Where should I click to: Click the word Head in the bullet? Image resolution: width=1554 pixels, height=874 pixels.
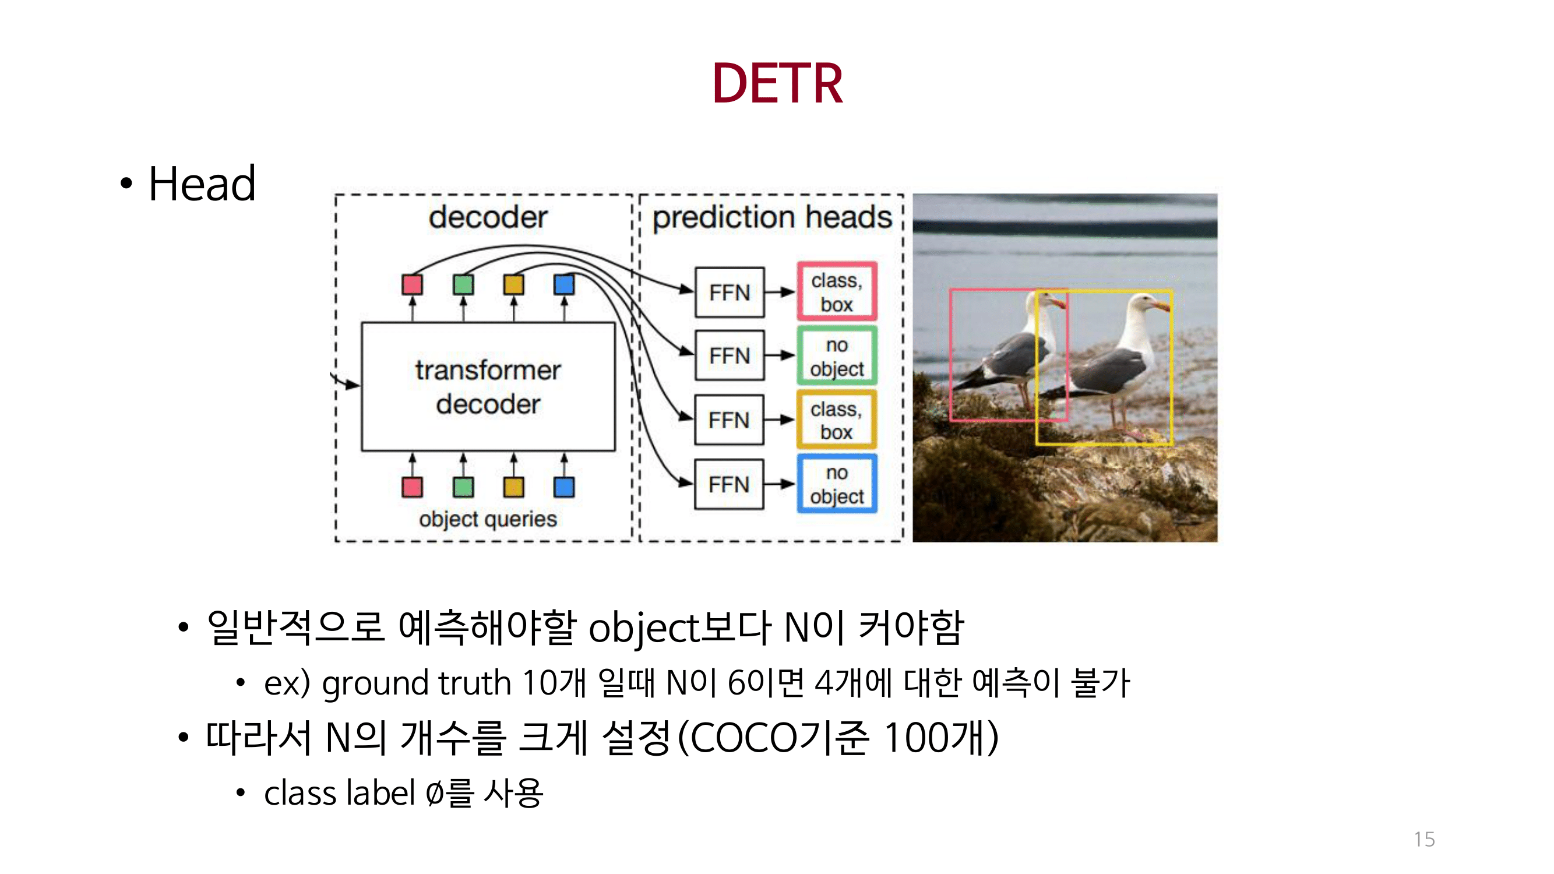pos(202,184)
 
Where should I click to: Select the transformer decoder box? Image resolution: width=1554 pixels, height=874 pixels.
pos(488,387)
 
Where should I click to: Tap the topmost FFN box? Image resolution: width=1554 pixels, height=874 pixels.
pos(730,292)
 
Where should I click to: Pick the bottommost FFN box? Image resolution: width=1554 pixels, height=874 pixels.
pos(729,484)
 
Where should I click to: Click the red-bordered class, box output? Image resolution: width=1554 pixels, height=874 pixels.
pos(836,292)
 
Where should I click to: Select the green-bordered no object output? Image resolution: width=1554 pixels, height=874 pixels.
pos(836,356)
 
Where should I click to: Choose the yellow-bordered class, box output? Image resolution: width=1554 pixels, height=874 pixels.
pos(836,420)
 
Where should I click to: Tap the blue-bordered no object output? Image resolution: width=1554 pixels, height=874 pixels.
pos(836,484)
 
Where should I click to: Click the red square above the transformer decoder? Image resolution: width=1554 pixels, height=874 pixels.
pos(412,284)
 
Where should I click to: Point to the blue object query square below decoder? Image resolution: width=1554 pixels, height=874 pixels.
pos(563,487)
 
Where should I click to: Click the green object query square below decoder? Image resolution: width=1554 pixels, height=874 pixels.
pos(463,487)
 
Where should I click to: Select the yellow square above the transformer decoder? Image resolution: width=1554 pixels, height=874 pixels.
pos(513,284)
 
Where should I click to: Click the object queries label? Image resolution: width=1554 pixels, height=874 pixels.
pos(488,519)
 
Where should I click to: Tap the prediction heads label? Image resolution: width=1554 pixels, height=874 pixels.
pos(771,217)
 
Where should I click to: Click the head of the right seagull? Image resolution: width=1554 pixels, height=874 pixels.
pos(1144,302)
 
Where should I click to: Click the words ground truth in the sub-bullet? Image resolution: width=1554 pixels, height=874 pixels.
pos(416,683)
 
